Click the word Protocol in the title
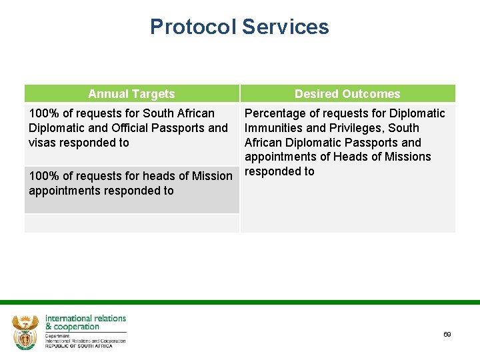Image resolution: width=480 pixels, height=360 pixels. click(x=193, y=27)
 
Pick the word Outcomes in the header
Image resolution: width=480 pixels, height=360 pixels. click(x=371, y=94)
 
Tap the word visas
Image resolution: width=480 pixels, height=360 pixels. click(x=42, y=143)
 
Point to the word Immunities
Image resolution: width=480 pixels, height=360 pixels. click(x=273, y=128)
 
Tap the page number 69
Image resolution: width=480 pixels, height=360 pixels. click(x=447, y=334)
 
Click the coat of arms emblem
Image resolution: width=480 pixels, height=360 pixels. click(x=25, y=331)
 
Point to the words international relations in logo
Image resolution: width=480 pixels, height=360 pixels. click(x=85, y=318)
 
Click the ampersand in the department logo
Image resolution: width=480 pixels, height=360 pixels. click(x=49, y=327)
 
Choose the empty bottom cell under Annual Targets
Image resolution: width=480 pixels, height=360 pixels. click(x=131, y=223)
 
